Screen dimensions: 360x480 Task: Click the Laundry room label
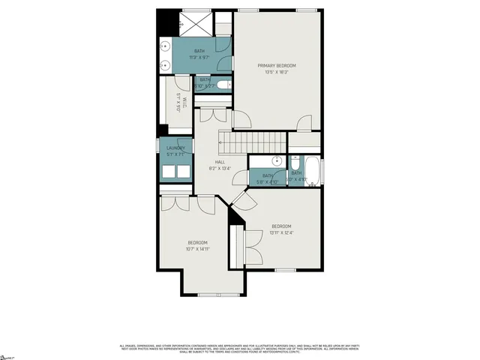(x=175, y=148)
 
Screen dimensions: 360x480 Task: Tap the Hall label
(x=220, y=162)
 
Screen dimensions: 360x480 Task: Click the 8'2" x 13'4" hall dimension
(x=220, y=168)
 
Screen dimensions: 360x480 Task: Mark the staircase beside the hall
(x=252, y=139)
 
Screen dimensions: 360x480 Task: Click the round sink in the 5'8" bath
(x=276, y=160)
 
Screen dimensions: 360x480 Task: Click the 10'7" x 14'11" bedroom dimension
(x=198, y=249)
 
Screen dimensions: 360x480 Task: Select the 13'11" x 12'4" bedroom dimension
(x=281, y=232)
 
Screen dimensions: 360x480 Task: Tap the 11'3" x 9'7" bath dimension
(x=198, y=57)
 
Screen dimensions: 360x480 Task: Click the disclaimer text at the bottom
(x=240, y=348)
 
